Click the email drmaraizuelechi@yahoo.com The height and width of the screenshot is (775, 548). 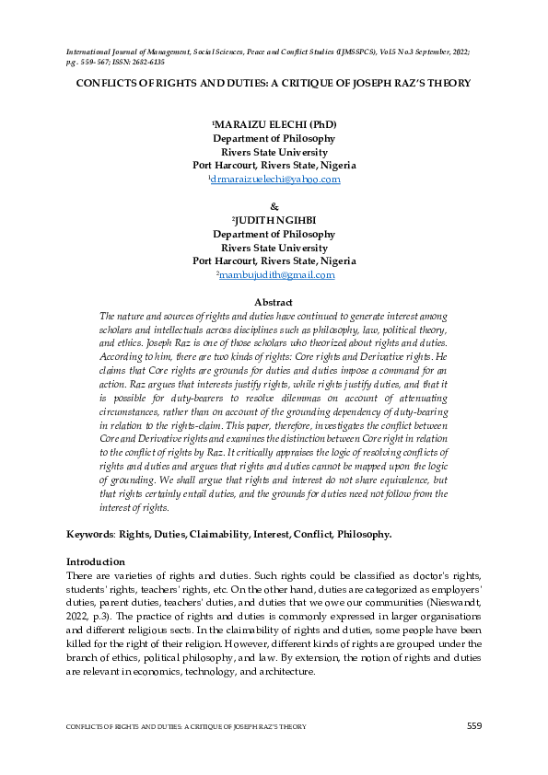point(275,179)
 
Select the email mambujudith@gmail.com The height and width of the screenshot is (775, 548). point(276,274)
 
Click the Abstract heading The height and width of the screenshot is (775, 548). point(274,302)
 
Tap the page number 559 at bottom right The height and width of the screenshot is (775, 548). point(473,726)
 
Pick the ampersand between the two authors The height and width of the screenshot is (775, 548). point(274,205)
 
